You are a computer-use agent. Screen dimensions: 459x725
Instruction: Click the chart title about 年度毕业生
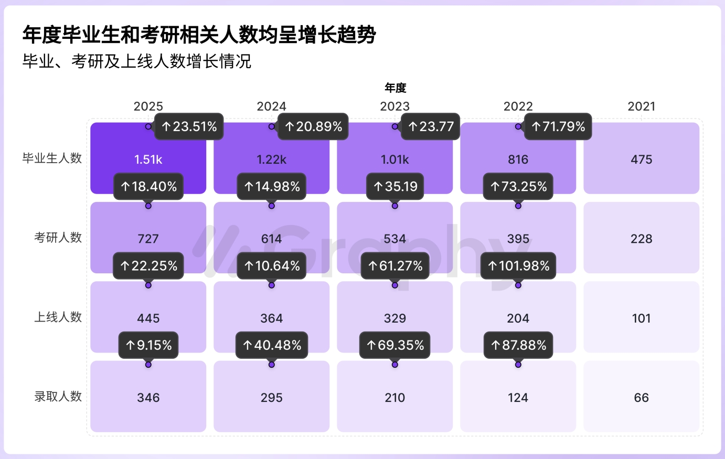(x=199, y=35)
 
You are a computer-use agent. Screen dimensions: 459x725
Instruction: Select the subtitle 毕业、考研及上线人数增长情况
(x=137, y=61)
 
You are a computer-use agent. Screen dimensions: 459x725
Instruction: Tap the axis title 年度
(x=395, y=88)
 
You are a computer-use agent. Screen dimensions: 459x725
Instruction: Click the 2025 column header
(x=148, y=106)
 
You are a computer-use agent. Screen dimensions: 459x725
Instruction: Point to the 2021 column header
(x=642, y=106)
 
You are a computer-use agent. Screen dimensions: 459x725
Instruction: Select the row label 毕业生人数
(x=52, y=158)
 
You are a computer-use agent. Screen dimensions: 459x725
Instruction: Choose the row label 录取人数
(x=58, y=397)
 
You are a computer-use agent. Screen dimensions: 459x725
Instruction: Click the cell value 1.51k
(x=148, y=159)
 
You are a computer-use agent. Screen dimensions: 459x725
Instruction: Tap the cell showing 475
(x=642, y=159)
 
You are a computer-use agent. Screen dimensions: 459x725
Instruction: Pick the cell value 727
(x=148, y=239)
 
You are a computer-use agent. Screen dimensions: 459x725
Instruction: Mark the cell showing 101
(x=642, y=318)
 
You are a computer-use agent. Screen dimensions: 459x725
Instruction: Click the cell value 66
(x=642, y=398)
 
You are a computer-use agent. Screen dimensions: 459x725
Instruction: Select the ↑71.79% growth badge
(x=558, y=126)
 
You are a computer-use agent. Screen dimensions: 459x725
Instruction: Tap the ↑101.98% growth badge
(x=518, y=266)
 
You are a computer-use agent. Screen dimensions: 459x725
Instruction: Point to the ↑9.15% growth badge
(x=148, y=345)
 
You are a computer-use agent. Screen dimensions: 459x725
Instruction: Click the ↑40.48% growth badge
(x=272, y=345)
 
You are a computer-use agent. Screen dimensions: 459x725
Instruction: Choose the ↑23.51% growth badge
(x=189, y=126)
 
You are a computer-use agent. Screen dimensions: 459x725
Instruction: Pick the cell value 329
(x=395, y=318)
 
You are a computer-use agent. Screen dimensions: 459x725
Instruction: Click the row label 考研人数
(x=58, y=238)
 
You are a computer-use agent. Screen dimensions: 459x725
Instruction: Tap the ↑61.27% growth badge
(x=395, y=266)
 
